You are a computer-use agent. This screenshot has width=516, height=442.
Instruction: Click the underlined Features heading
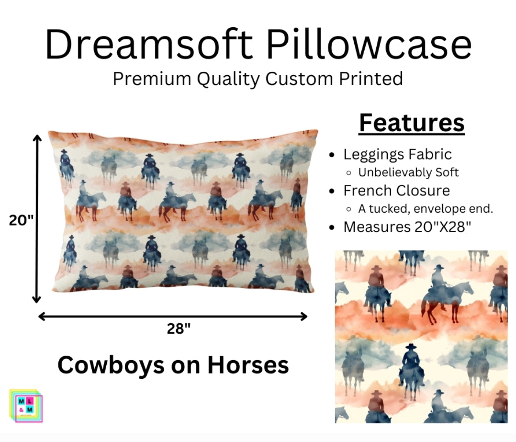[x=412, y=123]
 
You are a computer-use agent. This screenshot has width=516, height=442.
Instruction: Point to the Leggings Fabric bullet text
[x=397, y=154]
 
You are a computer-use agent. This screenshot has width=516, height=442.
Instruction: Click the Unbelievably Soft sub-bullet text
[x=408, y=172]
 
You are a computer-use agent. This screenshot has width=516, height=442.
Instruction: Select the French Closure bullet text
[x=396, y=191]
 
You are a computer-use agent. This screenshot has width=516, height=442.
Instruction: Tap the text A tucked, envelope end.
[x=426, y=209]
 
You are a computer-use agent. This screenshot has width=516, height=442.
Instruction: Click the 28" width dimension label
[x=179, y=329]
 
